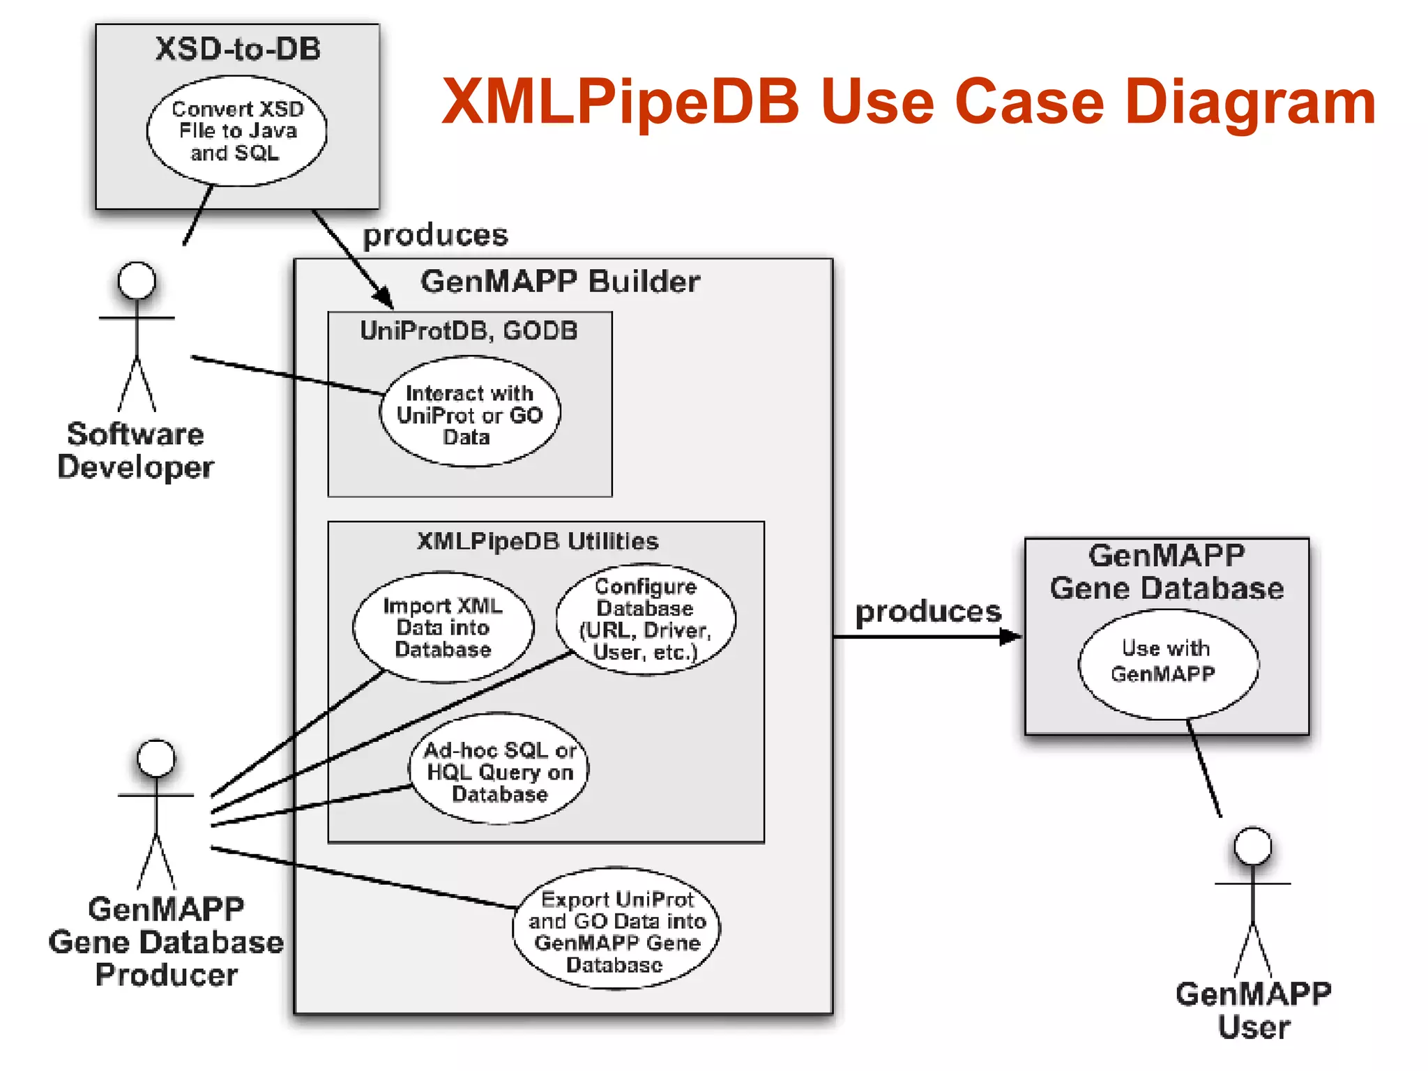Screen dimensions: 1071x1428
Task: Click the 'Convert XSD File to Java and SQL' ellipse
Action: (236, 131)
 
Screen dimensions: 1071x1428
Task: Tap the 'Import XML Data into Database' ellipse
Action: (443, 628)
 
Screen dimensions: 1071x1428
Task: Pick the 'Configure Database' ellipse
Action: (646, 619)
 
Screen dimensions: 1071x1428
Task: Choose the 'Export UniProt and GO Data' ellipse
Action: (616, 930)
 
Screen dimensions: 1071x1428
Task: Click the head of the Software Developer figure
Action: (137, 280)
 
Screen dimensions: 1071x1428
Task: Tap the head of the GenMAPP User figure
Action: (1252, 846)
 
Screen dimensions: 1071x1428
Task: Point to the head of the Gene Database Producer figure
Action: (156, 758)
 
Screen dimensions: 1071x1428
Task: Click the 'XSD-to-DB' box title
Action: (238, 49)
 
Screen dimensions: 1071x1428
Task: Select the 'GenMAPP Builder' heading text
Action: (560, 282)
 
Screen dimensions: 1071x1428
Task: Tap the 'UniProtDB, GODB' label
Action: (469, 331)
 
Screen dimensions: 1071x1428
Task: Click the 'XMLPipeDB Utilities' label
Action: (538, 541)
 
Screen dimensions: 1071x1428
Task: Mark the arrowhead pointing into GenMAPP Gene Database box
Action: (1011, 636)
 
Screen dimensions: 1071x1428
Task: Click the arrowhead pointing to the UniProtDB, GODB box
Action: (383, 298)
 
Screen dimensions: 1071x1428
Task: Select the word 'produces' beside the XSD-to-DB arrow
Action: (435, 235)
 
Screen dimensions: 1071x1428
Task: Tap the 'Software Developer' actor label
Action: (135, 450)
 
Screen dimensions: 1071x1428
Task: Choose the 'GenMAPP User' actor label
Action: (1253, 1010)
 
